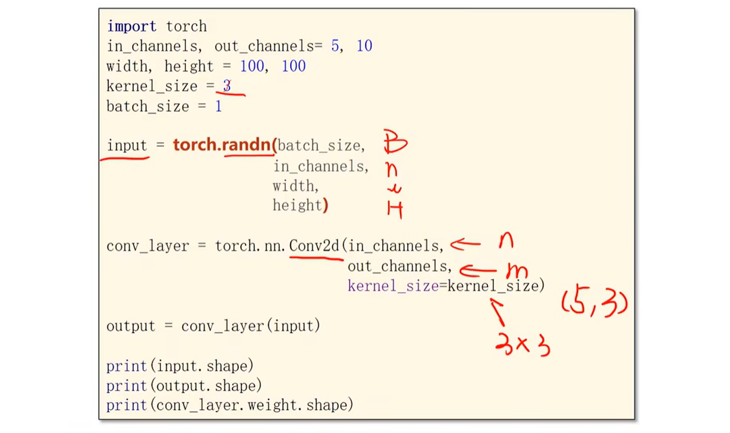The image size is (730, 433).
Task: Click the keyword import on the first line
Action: [131, 27]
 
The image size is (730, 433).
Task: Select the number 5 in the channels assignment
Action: [336, 46]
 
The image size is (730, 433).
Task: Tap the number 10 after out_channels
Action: [364, 46]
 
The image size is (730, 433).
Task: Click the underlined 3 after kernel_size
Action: [226, 86]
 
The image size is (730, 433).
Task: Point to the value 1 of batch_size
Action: [218, 107]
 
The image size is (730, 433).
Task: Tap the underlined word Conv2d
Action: [314, 246]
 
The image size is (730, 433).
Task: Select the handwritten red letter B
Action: [395, 143]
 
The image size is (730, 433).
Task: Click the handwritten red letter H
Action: [394, 209]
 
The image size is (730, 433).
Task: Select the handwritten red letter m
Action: [517, 271]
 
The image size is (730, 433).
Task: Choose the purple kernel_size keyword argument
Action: [392, 286]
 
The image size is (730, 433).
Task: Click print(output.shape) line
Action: [184, 385]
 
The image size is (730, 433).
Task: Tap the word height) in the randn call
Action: [300, 206]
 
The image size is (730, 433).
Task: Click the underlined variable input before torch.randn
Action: [127, 146]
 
